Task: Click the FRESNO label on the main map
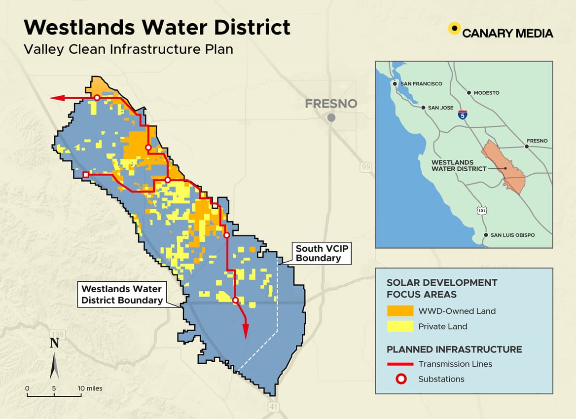point(330,104)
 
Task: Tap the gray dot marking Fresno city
point(331,117)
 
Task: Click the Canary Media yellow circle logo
point(454,29)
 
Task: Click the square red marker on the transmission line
point(86,175)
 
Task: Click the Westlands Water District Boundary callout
point(122,294)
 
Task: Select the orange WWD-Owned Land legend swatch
point(400,311)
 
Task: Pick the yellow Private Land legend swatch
point(400,326)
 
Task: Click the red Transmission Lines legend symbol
point(400,364)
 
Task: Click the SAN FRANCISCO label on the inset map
point(421,84)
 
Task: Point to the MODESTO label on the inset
point(486,93)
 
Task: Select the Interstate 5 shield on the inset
point(462,115)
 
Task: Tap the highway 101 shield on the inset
point(481,211)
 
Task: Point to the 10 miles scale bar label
point(91,388)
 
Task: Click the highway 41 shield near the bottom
point(274,407)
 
